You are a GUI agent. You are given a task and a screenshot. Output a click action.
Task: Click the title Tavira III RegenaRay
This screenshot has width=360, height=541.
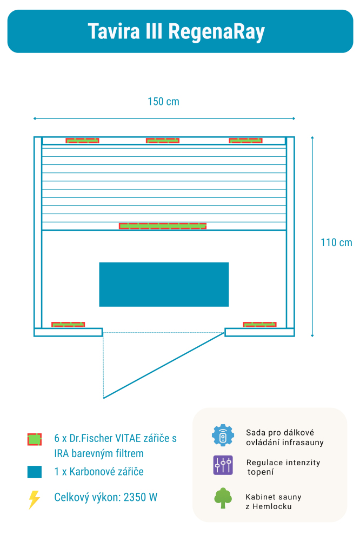tap(176, 32)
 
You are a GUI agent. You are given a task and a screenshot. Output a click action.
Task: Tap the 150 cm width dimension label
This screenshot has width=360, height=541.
tap(163, 102)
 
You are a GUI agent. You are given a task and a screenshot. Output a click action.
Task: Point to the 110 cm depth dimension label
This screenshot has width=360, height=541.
tap(336, 242)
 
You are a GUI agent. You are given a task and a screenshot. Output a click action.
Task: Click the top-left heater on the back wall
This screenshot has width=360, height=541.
tap(82, 141)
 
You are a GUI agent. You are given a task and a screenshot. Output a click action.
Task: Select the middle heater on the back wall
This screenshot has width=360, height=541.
tap(163, 141)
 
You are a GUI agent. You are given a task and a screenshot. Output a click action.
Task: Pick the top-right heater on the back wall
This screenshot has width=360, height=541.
tap(245, 141)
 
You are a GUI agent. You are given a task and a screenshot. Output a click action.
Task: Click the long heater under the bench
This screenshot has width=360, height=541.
tap(163, 226)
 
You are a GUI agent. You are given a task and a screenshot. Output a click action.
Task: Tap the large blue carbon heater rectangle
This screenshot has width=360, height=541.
tap(164, 285)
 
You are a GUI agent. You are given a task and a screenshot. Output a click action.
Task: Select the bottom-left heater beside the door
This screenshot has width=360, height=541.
tap(68, 325)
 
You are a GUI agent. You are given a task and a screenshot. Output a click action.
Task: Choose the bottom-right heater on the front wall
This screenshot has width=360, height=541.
tap(259, 325)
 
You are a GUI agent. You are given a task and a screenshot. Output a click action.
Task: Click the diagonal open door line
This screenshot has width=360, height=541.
tap(164, 366)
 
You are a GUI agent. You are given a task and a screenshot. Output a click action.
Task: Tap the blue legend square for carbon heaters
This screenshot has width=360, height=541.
tap(35, 472)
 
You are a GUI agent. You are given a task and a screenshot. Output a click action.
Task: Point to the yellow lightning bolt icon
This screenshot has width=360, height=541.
tap(34, 499)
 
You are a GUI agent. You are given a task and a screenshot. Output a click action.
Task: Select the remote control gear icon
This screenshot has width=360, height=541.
tap(223, 436)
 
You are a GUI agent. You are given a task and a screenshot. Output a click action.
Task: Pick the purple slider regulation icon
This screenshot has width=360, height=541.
tap(223, 466)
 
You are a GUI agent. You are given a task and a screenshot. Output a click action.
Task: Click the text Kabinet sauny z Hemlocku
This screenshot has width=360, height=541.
tap(273, 502)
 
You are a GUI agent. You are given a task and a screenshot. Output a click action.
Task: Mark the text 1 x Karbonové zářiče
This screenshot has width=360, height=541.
tap(99, 472)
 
